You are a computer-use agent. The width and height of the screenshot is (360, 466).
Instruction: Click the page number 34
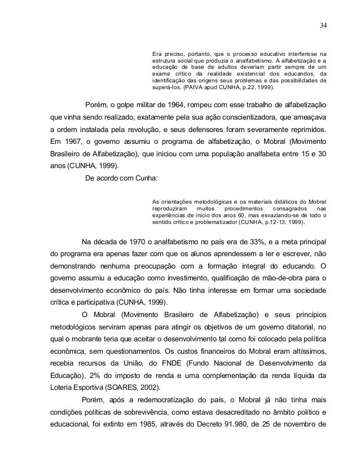pyautogui.click(x=322, y=25)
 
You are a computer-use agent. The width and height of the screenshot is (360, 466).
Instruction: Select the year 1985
pyautogui.click(x=151, y=437)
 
